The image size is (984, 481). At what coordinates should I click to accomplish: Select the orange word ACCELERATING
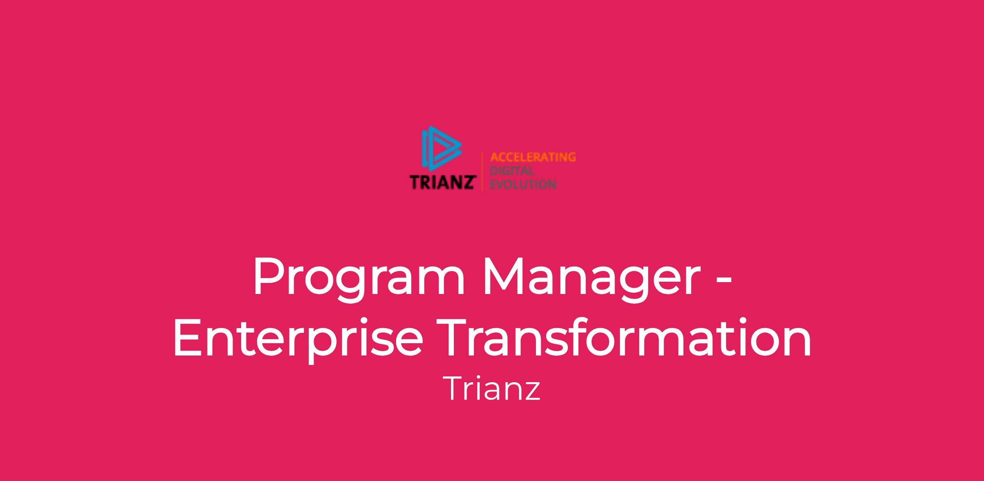(x=533, y=157)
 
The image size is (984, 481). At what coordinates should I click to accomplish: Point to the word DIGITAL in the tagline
(x=512, y=171)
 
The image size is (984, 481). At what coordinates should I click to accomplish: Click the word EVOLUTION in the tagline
(x=523, y=185)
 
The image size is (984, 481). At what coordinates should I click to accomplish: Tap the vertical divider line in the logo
(x=482, y=171)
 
